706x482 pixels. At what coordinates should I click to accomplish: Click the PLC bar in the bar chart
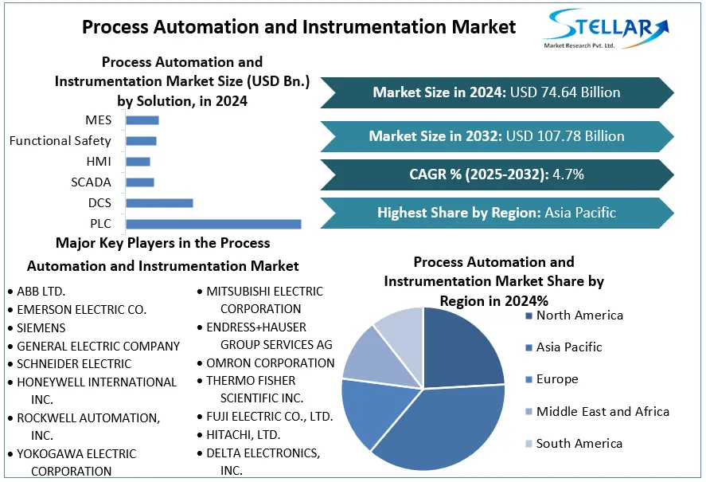click(x=213, y=224)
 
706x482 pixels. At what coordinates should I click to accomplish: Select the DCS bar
click(x=159, y=203)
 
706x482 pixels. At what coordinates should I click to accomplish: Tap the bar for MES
click(x=142, y=120)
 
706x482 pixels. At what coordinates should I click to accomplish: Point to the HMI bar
click(x=138, y=162)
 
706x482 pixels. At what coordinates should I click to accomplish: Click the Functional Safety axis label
click(x=60, y=141)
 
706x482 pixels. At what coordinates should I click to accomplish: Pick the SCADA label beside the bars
click(x=91, y=182)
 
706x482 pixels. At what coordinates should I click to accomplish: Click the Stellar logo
click(x=606, y=29)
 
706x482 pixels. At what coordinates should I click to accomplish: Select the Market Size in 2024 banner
click(x=497, y=92)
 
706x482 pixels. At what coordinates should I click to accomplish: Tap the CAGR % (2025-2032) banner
click(x=497, y=174)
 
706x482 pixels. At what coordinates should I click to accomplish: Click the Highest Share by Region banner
click(x=497, y=213)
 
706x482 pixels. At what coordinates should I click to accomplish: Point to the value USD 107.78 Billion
click(x=565, y=136)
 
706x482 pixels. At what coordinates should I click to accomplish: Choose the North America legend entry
click(x=575, y=315)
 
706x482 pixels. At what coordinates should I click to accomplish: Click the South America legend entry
click(x=574, y=444)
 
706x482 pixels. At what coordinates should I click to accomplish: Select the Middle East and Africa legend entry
click(x=598, y=412)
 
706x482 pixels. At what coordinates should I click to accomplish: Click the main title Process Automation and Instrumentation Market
click(x=298, y=27)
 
